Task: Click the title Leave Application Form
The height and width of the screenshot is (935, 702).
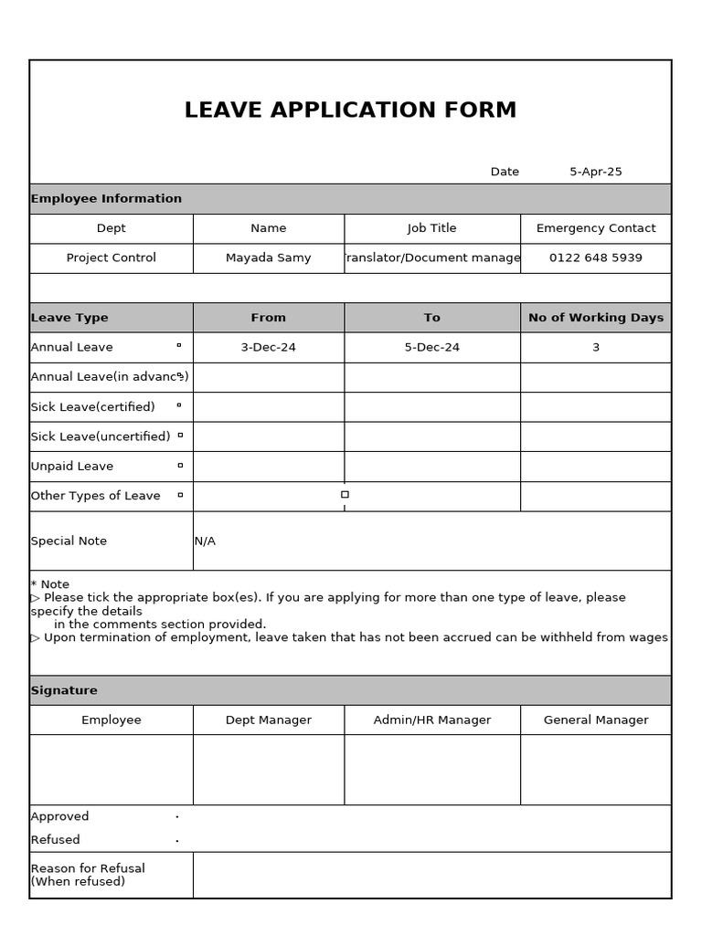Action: [x=350, y=110]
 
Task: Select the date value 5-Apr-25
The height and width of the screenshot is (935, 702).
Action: [x=595, y=172]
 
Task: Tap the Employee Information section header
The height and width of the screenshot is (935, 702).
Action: [x=106, y=198]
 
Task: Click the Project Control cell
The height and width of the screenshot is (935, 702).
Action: [x=111, y=257]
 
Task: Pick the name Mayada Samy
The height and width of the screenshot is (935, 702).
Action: [x=268, y=257]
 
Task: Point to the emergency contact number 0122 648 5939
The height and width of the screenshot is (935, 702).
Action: [x=595, y=257]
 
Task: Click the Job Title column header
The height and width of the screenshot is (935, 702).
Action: [x=431, y=228]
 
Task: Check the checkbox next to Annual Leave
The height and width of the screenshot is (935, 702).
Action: [x=179, y=346]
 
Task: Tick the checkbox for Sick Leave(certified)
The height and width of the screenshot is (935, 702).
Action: [x=179, y=405]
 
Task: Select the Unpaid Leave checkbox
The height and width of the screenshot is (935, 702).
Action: [x=180, y=465]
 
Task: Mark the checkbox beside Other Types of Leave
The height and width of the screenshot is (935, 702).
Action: [x=180, y=495]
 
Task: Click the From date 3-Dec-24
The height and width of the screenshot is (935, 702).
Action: [x=268, y=347]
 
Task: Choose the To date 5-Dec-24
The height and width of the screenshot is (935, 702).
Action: [x=431, y=347]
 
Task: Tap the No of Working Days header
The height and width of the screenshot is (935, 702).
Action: [x=595, y=318]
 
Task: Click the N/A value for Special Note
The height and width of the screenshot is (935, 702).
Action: [x=205, y=541]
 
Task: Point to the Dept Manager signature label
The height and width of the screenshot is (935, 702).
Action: [x=268, y=720]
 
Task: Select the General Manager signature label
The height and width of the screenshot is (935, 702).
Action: [x=595, y=720]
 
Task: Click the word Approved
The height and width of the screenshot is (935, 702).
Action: [x=59, y=816]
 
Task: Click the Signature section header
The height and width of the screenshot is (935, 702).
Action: [x=64, y=690]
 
